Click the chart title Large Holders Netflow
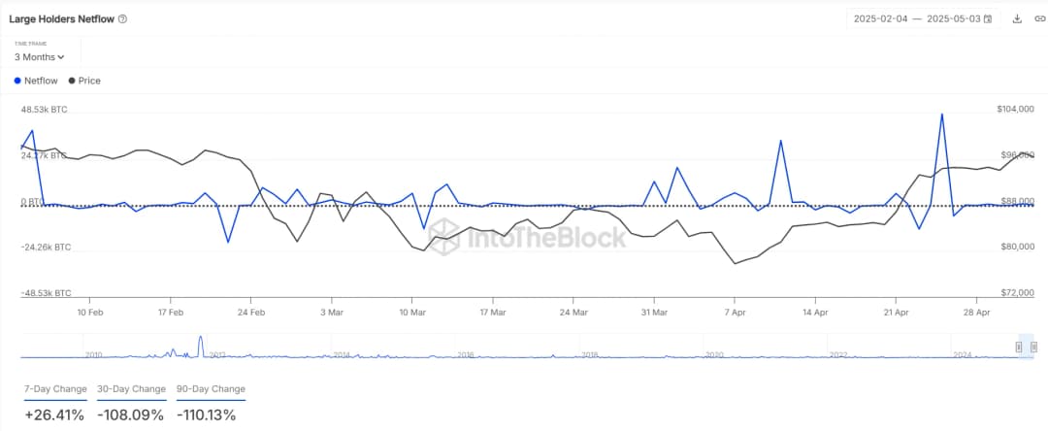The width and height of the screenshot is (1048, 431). tap(61, 18)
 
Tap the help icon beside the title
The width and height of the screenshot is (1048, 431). tap(122, 18)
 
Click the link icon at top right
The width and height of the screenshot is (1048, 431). tap(1039, 18)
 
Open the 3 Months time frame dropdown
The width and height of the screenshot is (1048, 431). tap(39, 57)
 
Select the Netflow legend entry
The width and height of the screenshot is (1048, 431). tap(37, 81)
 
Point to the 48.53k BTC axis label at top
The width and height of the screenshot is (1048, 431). tap(45, 111)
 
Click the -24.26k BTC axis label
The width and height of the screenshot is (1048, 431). tap(46, 248)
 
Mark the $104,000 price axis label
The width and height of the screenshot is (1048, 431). tap(1015, 111)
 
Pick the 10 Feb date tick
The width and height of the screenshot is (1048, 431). tap(89, 313)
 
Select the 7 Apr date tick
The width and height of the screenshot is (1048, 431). tap(735, 313)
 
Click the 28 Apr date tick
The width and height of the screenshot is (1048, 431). tap(976, 313)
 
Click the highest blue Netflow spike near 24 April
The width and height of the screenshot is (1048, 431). tap(941, 115)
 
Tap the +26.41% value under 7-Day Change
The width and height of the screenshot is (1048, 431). tap(54, 414)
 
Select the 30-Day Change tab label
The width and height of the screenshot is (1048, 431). tap(131, 389)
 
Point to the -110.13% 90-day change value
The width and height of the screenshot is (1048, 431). tap(207, 414)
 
